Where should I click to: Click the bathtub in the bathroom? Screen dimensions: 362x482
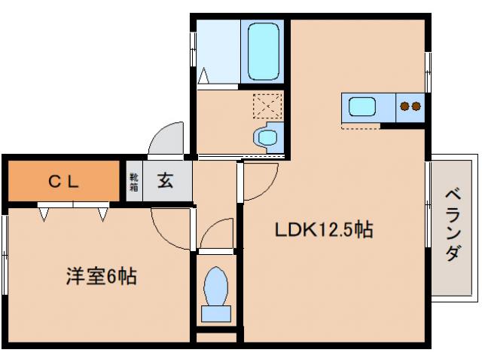(x=263, y=51)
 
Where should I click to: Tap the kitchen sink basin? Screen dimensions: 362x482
(x=362, y=106)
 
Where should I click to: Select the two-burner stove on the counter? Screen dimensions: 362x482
(x=410, y=106)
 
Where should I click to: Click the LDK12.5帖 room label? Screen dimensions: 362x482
(x=323, y=229)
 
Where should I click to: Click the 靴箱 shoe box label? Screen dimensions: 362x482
(x=133, y=181)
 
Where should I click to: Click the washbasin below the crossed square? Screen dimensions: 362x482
(x=266, y=137)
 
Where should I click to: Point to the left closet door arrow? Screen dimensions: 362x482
(x=44, y=214)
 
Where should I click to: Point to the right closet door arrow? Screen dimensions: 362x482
(x=102, y=214)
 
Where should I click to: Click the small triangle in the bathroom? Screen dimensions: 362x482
(x=204, y=75)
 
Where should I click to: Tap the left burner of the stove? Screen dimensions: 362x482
(x=404, y=106)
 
